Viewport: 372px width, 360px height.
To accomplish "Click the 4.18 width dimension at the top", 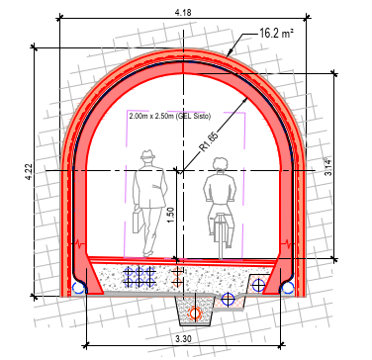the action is (183, 12).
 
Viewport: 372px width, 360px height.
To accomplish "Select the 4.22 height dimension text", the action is (30, 172).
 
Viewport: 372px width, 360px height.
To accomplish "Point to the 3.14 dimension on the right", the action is (328, 167).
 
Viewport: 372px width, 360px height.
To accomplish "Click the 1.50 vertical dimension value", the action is (170, 215).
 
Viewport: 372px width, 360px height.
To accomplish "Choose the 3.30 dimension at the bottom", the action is (184, 339).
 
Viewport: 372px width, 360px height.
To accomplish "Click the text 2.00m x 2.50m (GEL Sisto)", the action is (169, 116).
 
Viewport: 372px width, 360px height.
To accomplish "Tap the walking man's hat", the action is (147, 154).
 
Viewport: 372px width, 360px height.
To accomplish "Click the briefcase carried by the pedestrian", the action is (138, 221).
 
